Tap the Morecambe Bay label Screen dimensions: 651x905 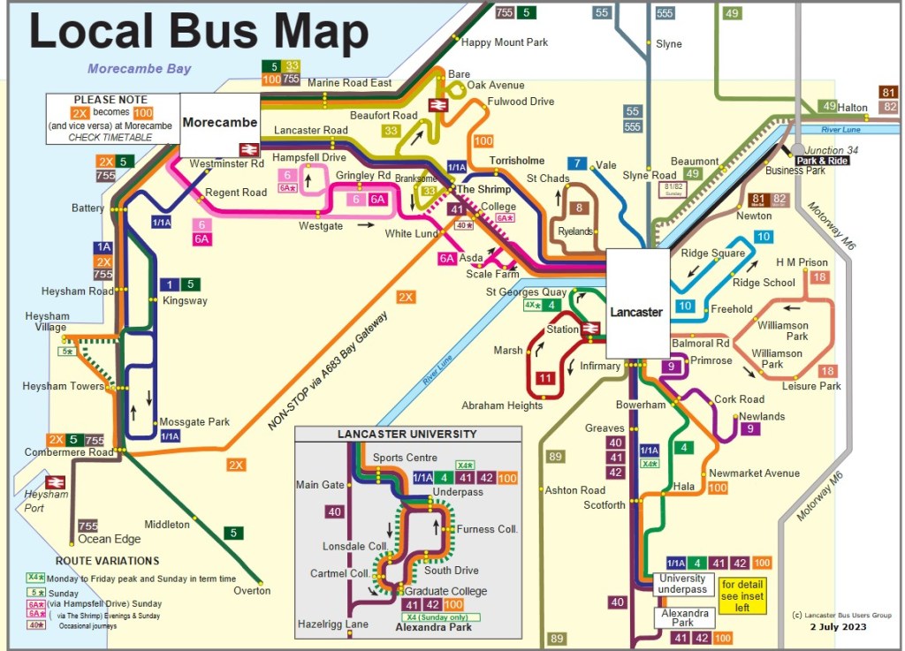click(139, 69)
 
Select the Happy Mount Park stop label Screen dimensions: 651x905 click(505, 42)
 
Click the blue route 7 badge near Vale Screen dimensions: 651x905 click(577, 163)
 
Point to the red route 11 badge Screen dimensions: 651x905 click(545, 380)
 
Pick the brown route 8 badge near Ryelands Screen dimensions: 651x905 click(580, 208)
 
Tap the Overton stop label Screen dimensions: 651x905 click(252, 590)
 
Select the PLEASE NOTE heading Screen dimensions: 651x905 click(107, 100)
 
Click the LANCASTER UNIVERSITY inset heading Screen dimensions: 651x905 click(407, 434)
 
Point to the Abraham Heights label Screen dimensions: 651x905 click(502, 406)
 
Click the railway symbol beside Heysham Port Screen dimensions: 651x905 click(55, 482)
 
